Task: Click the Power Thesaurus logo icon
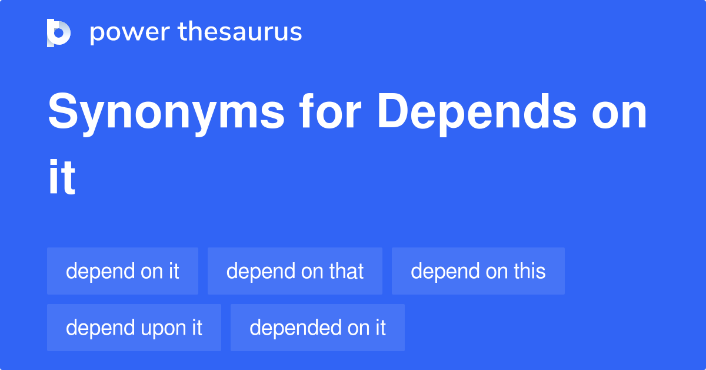point(59,32)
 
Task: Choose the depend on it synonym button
point(122,271)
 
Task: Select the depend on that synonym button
point(295,271)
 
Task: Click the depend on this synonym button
point(478,271)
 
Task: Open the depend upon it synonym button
point(134,328)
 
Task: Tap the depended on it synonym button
point(317,328)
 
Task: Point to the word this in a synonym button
point(528,271)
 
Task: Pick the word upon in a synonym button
point(156,328)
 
